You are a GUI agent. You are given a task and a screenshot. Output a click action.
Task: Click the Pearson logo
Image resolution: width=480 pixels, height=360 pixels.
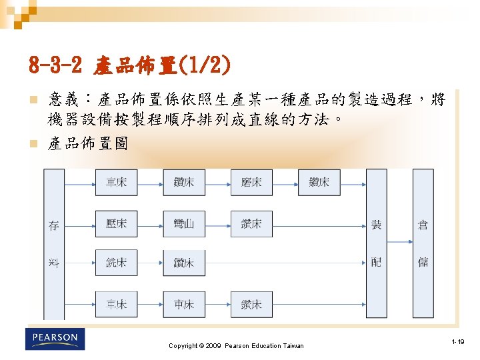[x=55, y=339]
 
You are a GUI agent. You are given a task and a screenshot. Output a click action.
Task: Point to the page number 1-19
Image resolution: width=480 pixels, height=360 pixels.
[x=457, y=342]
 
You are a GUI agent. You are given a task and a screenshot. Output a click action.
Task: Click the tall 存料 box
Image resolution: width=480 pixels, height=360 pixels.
[x=54, y=244]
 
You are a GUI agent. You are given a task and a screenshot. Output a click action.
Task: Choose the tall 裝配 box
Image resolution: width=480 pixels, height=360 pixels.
[x=376, y=244]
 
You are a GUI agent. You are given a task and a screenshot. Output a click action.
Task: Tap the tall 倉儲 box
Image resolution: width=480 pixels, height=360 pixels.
[x=423, y=244]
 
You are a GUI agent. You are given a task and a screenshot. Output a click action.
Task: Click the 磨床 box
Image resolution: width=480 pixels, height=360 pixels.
[x=251, y=182]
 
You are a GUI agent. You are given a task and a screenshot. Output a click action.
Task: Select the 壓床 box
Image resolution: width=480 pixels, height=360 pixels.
[x=116, y=223]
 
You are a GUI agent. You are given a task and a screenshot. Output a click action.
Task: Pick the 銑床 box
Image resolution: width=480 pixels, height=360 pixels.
[x=116, y=263]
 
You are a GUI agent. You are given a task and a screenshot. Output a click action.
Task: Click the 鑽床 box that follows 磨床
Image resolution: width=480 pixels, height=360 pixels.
[x=319, y=182]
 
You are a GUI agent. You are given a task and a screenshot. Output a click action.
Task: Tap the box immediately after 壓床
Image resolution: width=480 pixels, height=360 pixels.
[x=184, y=224]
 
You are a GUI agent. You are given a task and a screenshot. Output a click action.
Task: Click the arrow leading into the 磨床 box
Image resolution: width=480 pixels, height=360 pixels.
[x=218, y=182]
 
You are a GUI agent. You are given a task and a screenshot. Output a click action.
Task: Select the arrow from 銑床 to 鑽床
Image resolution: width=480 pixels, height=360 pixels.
[x=150, y=263]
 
